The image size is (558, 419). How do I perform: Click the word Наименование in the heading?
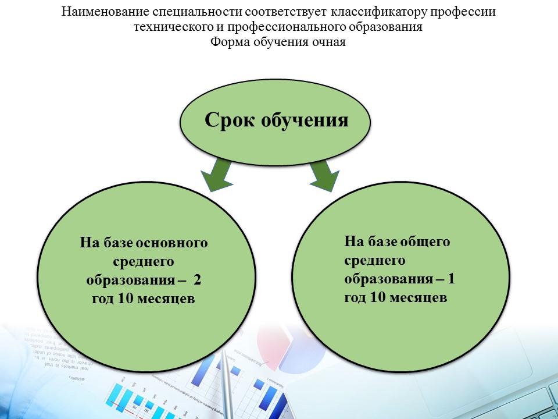[x=105, y=12]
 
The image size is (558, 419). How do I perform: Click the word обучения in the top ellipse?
[x=305, y=120]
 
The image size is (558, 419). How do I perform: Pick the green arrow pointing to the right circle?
[x=323, y=176]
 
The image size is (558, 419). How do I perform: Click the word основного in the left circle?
[x=171, y=243]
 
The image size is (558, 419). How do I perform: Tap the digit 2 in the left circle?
[x=198, y=280]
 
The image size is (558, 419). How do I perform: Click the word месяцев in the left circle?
[x=166, y=299]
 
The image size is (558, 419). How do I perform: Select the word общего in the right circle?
[x=425, y=242]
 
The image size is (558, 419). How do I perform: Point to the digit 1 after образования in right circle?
[x=451, y=278]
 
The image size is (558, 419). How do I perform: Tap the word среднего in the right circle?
[x=375, y=261]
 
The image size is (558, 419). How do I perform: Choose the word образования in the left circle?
[x=131, y=280]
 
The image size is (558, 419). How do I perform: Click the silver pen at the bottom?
[x=227, y=384]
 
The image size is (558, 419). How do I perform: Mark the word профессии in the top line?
[x=463, y=12]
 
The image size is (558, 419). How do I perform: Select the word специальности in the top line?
[x=197, y=12]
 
